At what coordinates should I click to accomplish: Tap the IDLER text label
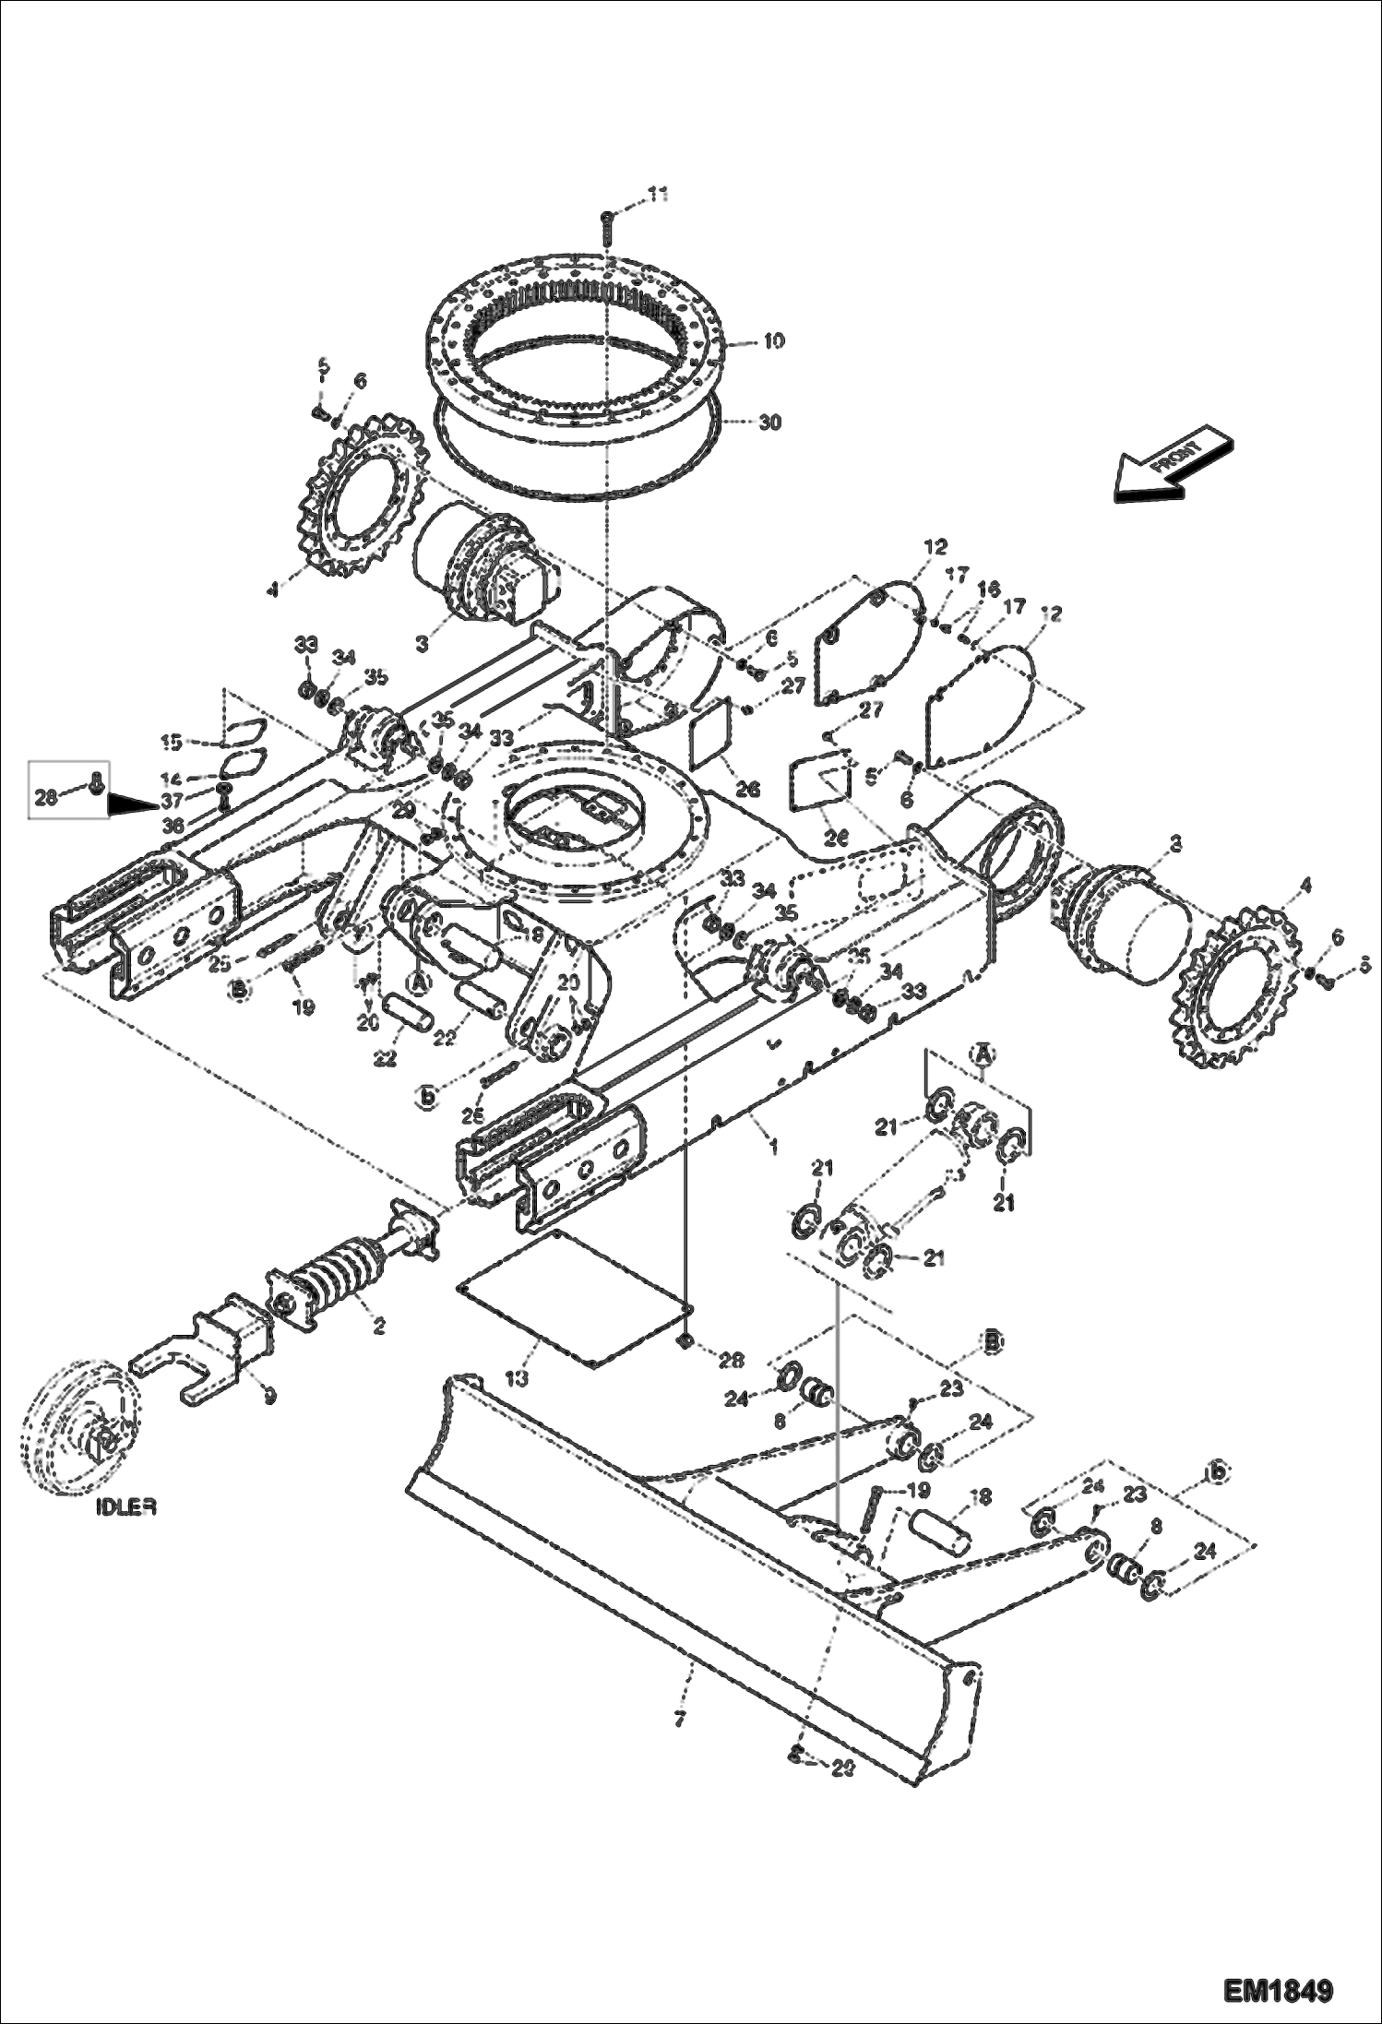125,1506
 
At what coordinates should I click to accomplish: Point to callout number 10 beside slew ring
773,341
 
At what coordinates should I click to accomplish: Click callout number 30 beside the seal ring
769,422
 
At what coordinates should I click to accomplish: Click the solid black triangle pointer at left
130,805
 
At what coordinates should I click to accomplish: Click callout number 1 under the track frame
773,1146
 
